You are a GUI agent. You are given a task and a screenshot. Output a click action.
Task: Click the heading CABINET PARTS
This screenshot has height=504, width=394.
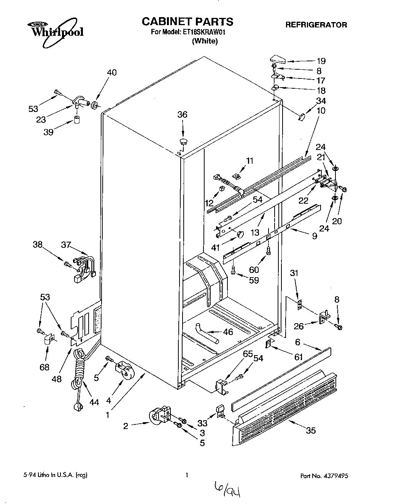pyautogui.click(x=187, y=21)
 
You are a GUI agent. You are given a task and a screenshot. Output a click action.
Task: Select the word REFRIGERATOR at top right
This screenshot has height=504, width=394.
pyautogui.click(x=316, y=25)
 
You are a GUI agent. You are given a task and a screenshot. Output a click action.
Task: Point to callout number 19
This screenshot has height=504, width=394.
pyautogui.click(x=321, y=61)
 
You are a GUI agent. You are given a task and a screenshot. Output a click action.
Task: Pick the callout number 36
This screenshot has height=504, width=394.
pyautogui.click(x=183, y=115)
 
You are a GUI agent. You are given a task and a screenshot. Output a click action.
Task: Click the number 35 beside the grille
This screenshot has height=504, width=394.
pyautogui.click(x=311, y=431)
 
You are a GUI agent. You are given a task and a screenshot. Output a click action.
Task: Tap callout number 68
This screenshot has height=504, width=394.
pyautogui.click(x=44, y=367)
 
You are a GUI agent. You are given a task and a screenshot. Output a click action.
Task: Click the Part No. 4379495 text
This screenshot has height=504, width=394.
pyautogui.click(x=324, y=476)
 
